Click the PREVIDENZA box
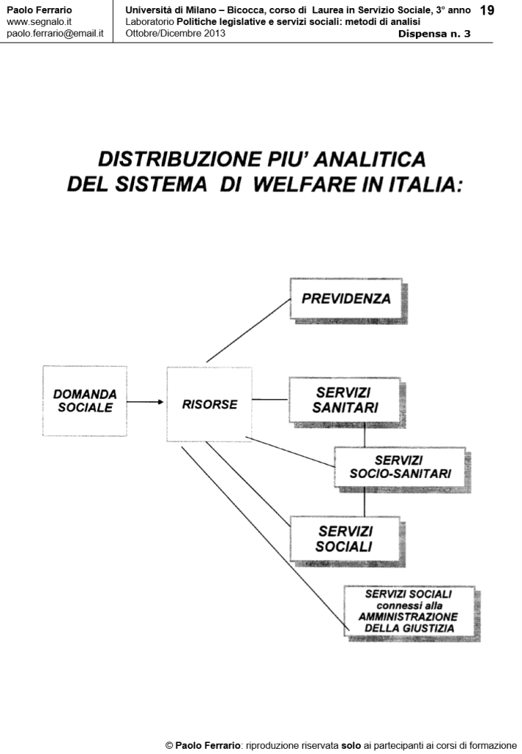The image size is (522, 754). (x=345, y=299)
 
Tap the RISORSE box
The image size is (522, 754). (x=209, y=404)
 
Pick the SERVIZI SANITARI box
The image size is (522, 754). (x=344, y=400)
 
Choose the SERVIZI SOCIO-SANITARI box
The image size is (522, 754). (x=400, y=467)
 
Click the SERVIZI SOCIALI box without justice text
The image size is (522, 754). (x=344, y=538)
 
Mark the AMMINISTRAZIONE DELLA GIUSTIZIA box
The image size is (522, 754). (x=409, y=611)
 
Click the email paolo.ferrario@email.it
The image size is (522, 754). (x=54, y=34)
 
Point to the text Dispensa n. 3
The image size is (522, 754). (x=434, y=35)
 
